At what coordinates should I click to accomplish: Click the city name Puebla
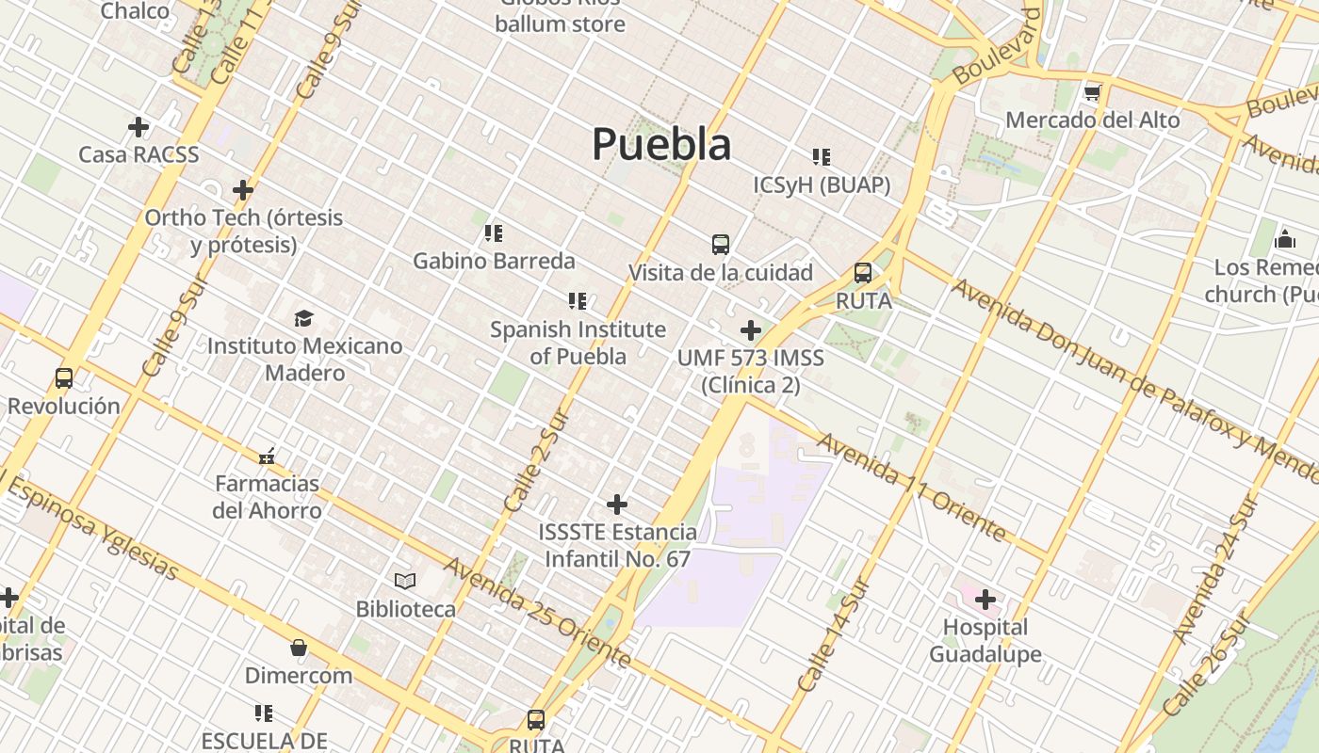tap(661, 144)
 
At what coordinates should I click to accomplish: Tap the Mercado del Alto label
tap(1092, 120)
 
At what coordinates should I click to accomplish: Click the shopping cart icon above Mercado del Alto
tap(1092, 92)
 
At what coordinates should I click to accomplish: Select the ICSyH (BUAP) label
tap(822, 184)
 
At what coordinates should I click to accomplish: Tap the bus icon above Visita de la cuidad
tap(721, 245)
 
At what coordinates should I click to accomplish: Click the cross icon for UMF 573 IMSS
tap(751, 330)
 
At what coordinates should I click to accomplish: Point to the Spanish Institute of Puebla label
tap(578, 343)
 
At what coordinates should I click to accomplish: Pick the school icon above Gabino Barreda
tap(494, 232)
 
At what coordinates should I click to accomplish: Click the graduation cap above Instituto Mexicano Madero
tap(303, 318)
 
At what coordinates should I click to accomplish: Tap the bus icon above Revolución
tap(64, 378)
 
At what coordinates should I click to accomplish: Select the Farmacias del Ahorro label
tap(267, 497)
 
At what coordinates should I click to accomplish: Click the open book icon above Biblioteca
tap(405, 581)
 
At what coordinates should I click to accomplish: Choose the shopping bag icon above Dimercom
tap(299, 648)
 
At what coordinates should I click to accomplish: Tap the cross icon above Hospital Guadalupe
tap(985, 599)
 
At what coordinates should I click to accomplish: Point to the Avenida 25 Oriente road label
tap(537, 613)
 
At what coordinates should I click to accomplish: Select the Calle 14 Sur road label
tap(831, 635)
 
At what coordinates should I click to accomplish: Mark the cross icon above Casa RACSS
tap(138, 126)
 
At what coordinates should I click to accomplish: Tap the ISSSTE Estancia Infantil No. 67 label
tap(618, 545)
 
